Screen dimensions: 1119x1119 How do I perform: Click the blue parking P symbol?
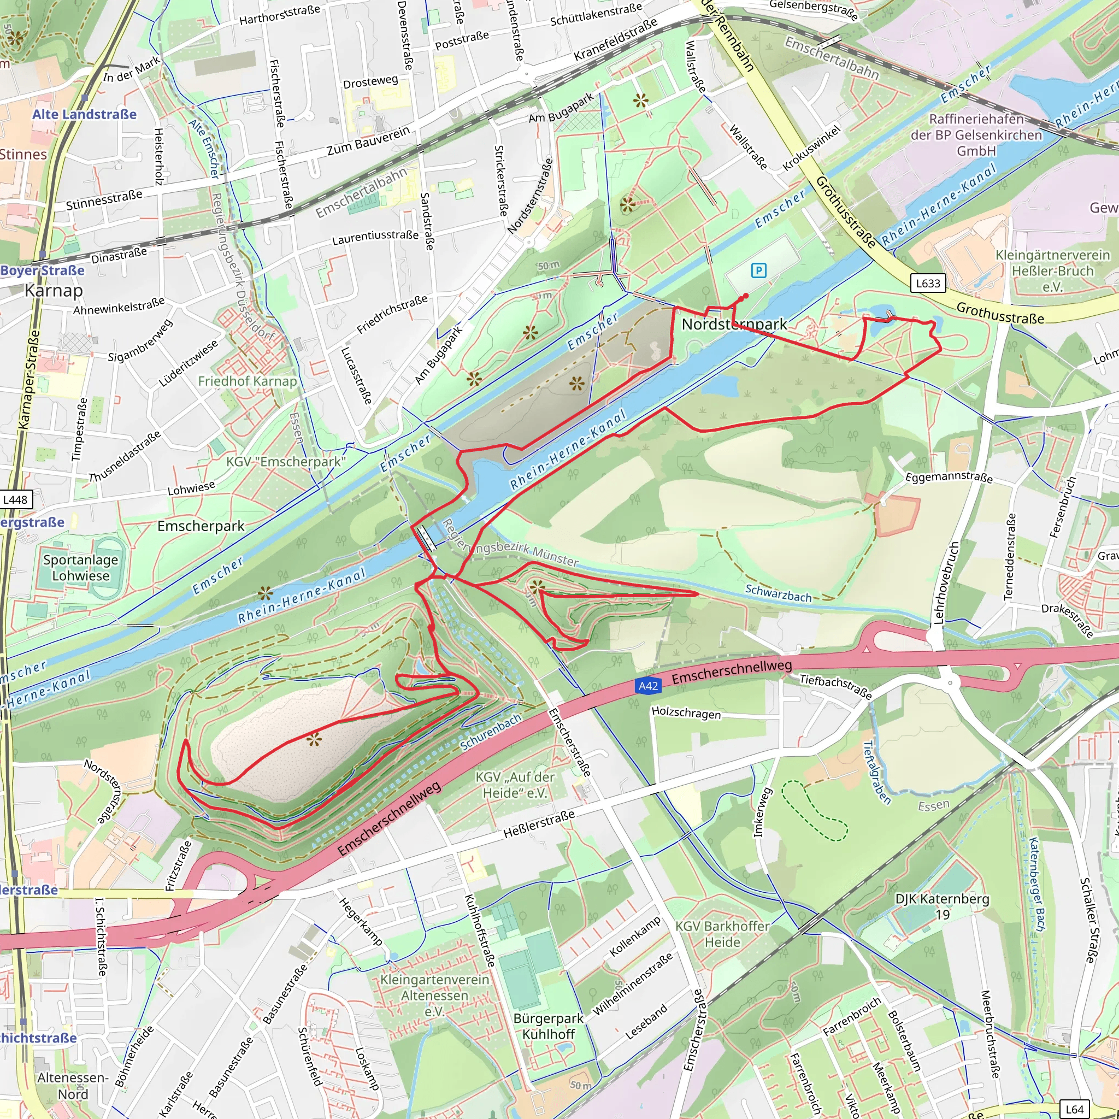[x=758, y=270]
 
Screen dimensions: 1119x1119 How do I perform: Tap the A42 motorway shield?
[x=647, y=686]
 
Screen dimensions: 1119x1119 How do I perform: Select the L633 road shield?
[x=928, y=283]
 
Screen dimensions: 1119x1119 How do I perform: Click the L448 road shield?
[x=15, y=500]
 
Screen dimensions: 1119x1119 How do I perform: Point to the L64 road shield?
[x=1074, y=1109]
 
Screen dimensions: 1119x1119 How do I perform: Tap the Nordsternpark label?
[x=734, y=325]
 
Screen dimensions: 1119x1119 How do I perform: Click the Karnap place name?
[x=54, y=290]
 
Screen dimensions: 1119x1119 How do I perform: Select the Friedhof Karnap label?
[x=248, y=381]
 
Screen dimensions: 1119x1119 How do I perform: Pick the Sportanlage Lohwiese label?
[x=80, y=568]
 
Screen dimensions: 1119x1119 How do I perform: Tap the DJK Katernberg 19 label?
[x=943, y=906]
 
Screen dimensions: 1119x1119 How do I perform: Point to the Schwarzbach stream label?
[x=779, y=593]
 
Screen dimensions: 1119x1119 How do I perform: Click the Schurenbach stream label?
[x=491, y=732]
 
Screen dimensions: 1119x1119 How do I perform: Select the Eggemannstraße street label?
[x=949, y=477]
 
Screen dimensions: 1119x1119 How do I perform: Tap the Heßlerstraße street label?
[x=539, y=823]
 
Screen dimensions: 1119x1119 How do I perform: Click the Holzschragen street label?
[x=686, y=712]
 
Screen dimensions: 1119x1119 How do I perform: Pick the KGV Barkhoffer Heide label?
[x=722, y=934]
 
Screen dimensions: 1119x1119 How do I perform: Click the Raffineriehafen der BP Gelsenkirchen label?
[x=976, y=135]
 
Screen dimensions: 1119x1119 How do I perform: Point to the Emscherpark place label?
[x=201, y=526]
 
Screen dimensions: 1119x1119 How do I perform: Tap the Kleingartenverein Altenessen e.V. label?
[x=434, y=995]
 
